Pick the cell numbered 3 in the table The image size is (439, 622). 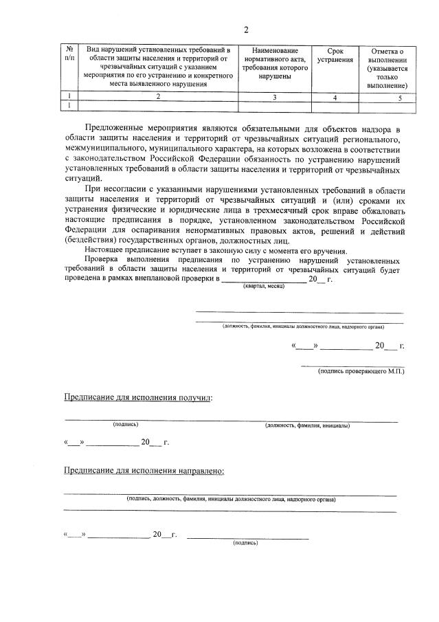(274, 97)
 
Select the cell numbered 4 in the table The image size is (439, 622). (335, 97)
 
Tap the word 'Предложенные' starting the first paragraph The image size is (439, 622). (116, 129)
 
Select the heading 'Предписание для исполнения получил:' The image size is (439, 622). (138, 398)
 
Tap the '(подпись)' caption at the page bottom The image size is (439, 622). (245, 542)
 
